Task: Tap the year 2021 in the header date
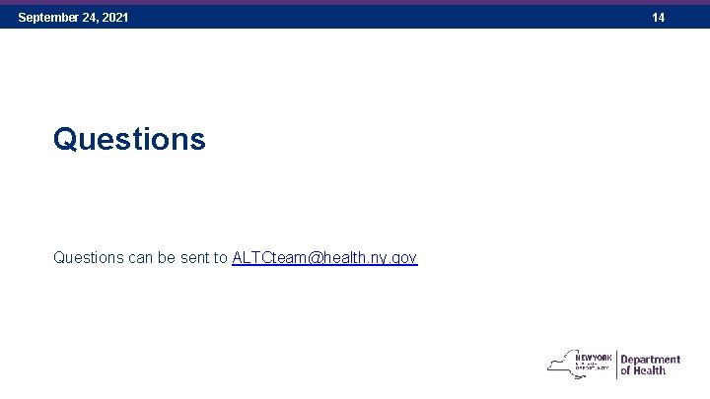(x=114, y=18)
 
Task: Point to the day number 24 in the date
(x=90, y=18)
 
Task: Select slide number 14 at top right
(x=658, y=18)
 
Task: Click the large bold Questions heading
(x=129, y=139)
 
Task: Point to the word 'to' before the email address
(x=221, y=257)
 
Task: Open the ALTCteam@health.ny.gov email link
(x=324, y=257)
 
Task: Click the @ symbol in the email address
(x=313, y=257)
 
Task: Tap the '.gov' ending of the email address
(x=403, y=258)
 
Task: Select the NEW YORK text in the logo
(x=594, y=357)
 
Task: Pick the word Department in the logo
(x=651, y=360)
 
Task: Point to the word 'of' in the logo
(x=625, y=371)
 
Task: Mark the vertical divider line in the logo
(x=616, y=365)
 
